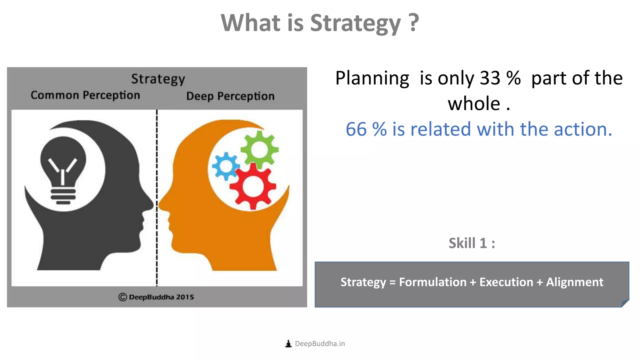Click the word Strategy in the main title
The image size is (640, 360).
355,23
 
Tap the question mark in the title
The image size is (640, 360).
413,22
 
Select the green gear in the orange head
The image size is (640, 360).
259,149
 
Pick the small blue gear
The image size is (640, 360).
225,166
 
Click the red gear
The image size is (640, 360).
253,186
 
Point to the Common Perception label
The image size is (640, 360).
85,95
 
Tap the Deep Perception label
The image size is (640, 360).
230,96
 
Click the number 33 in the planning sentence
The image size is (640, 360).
490,78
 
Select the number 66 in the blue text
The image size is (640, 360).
356,129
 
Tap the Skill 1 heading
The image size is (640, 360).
472,243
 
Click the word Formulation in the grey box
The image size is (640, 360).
432,282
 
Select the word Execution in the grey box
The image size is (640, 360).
506,282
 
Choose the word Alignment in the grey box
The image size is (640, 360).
574,282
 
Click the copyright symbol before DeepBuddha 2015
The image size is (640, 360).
122,297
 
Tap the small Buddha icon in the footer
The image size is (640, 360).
288,344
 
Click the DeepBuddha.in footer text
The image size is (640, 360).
320,344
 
